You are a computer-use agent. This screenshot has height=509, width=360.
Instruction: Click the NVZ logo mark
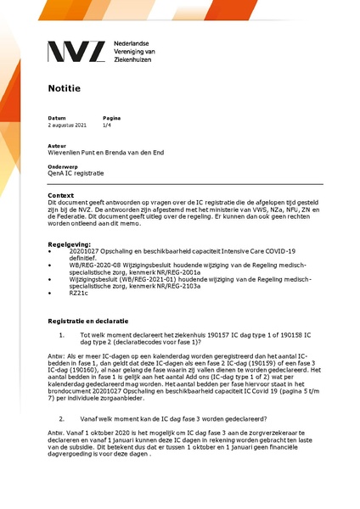pyautogui.click(x=77, y=52)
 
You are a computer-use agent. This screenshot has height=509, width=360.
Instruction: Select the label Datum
pyautogui.click(x=56, y=118)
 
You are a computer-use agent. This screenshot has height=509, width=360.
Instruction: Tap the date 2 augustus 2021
pyautogui.click(x=68, y=125)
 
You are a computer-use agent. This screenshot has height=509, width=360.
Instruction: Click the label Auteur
pyautogui.click(x=57, y=146)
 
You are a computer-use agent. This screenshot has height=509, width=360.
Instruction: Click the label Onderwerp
pyautogui.click(x=62, y=166)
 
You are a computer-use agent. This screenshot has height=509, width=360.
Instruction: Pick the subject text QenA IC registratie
pyautogui.click(x=76, y=173)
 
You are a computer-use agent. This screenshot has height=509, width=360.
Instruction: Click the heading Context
pyautogui.click(x=62, y=196)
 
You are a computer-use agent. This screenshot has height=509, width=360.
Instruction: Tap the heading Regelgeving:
pyautogui.click(x=72, y=243)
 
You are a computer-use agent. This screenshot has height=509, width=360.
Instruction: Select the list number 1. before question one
pyautogui.click(x=62, y=334)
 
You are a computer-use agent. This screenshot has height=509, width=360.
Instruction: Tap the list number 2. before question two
pyautogui.click(x=62, y=418)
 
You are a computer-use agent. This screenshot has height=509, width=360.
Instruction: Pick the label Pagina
pyautogui.click(x=111, y=118)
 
